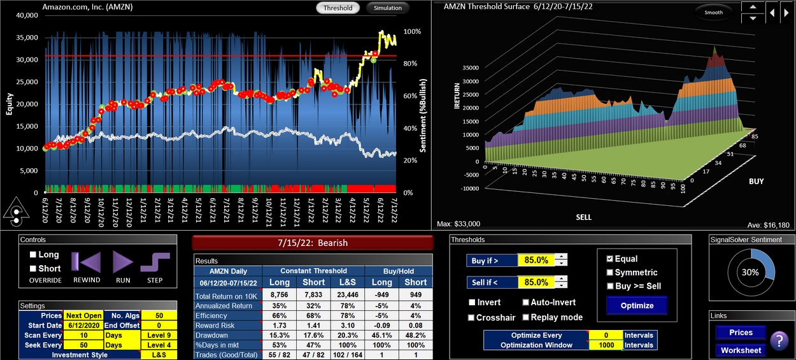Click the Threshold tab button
pyautogui.click(x=338, y=8)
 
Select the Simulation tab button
pyautogui.click(x=388, y=8)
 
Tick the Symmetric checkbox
pyautogui.click(x=610, y=273)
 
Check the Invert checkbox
pyautogui.click(x=473, y=303)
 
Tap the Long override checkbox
pyautogui.click(x=33, y=255)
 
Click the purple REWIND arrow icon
pyautogui.click(x=86, y=262)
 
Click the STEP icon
pyautogui.click(x=155, y=262)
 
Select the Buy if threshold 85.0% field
pyautogui.click(x=535, y=260)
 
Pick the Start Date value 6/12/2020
pyautogui.click(x=82, y=325)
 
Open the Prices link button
pyautogui.click(x=741, y=333)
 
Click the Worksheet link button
pyautogui.click(x=741, y=350)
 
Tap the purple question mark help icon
pyautogui.click(x=779, y=341)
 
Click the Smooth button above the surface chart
pyautogui.click(x=714, y=12)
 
